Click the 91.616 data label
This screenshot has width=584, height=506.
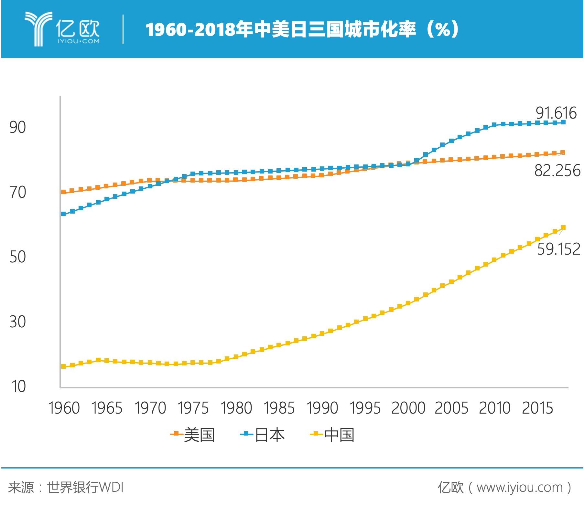556,113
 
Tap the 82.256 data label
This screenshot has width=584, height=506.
557,171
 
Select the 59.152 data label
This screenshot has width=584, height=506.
558,249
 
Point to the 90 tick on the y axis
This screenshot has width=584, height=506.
17,127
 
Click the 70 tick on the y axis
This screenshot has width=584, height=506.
17,192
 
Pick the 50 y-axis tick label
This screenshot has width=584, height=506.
17,257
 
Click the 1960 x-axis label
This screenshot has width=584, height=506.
64,408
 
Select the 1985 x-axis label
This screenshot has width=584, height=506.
279,408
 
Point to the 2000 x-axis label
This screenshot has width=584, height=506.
408,408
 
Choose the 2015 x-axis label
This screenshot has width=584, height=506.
537,408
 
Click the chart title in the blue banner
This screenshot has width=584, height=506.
302,30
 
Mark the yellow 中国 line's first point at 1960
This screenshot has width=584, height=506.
63,366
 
